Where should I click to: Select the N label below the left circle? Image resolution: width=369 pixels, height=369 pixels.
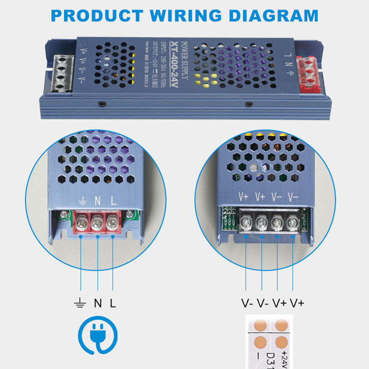pyautogui.click(x=97, y=303)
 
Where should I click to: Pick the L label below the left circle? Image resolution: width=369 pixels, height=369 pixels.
pyautogui.click(x=113, y=303)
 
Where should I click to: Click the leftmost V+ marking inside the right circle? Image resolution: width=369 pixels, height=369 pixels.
pyautogui.click(x=244, y=197)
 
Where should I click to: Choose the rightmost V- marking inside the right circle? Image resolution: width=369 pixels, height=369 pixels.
pyautogui.click(x=293, y=197)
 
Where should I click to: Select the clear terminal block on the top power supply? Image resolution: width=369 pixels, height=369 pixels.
pyautogui.click(x=63, y=73)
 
